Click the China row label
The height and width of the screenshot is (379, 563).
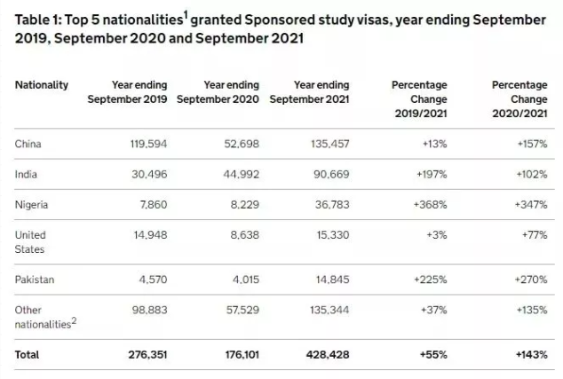point(28,144)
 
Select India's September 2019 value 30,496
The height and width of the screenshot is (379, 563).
point(149,175)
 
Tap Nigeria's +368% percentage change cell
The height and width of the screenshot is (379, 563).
point(430,204)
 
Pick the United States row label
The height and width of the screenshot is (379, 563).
point(30,242)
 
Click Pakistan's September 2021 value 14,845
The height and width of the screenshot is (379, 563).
point(332,280)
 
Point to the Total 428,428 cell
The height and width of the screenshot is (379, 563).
point(328,355)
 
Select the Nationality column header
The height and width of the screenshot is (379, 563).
point(41,85)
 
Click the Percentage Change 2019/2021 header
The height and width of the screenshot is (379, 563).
point(419,99)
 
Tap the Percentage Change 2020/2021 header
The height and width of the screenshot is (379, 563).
point(519,99)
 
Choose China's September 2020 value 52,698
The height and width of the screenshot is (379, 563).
point(242,144)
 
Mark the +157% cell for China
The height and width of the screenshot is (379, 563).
point(533,144)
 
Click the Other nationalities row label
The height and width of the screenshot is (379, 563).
point(45,317)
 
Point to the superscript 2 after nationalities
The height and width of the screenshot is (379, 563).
point(74,320)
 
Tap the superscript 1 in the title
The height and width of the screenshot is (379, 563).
point(186,15)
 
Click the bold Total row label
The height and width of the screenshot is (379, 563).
point(27,355)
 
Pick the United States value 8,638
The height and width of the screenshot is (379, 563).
point(245,235)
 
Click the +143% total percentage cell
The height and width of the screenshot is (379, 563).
point(532,355)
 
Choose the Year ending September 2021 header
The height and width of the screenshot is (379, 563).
point(310,92)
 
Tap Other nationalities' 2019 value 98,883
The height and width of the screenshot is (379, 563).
point(150,310)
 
